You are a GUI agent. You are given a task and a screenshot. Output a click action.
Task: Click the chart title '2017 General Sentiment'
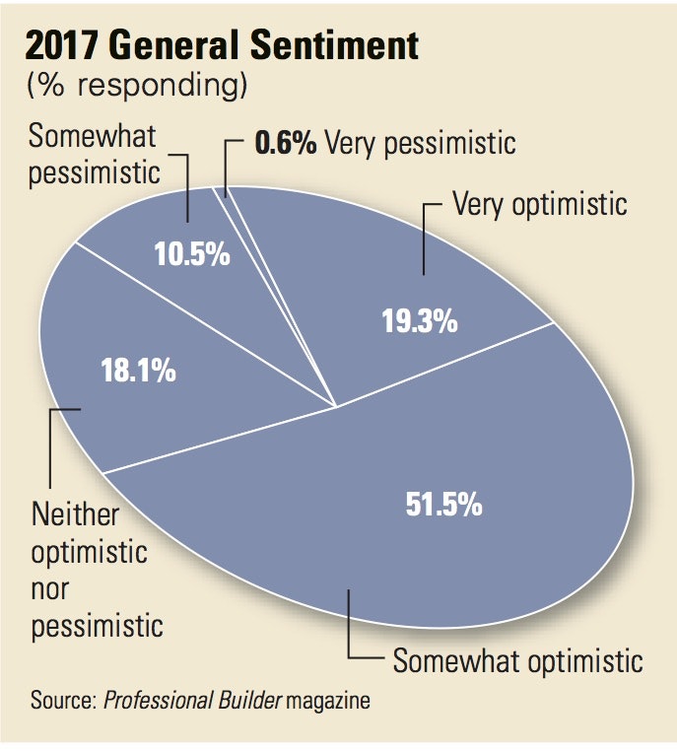pyautogui.click(x=223, y=46)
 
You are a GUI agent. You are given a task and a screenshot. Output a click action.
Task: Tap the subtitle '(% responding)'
pyautogui.click(x=135, y=86)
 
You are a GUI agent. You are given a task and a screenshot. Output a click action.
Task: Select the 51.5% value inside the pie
pyautogui.click(x=443, y=504)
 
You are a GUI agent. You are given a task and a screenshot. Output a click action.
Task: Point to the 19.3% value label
pyautogui.click(x=419, y=321)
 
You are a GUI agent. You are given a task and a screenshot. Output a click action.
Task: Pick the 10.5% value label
pyautogui.click(x=192, y=253)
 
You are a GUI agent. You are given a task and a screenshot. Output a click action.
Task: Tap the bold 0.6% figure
pyautogui.click(x=285, y=143)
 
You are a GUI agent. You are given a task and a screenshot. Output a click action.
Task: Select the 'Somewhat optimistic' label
pyautogui.click(x=518, y=659)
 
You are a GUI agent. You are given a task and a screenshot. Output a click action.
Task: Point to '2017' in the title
pyautogui.click(x=67, y=46)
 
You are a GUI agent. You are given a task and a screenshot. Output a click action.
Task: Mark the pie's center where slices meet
pyautogui.click(x=337, y=406)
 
